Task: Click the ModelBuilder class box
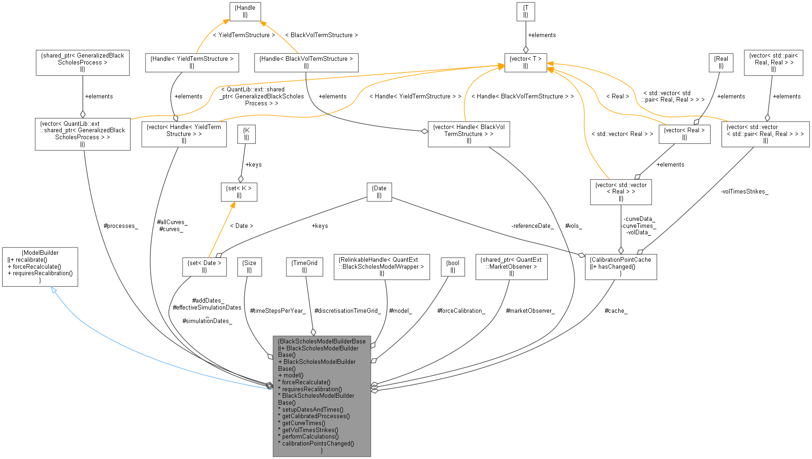pos(40,267)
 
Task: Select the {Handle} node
pos(245,11)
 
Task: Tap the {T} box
pos(526,11)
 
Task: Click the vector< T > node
pos(526,62)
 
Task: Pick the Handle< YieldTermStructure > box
pos(192,62)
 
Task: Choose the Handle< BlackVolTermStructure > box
pos(306,62)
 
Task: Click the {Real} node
pos(721,62)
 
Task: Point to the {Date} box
pos(379,192)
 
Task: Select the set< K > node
pos(239,192)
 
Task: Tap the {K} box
pos(247,134)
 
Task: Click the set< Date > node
pos(204,266)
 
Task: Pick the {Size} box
pos(249,266)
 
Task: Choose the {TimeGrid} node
pos(304,266)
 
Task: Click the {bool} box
pos(453,266)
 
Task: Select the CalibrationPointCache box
pos(621,266)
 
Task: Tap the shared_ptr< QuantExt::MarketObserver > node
pos(511,266)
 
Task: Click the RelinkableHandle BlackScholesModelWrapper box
pos(381,266)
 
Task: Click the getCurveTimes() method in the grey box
pos(304,423)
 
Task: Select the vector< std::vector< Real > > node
pos(621,192)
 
